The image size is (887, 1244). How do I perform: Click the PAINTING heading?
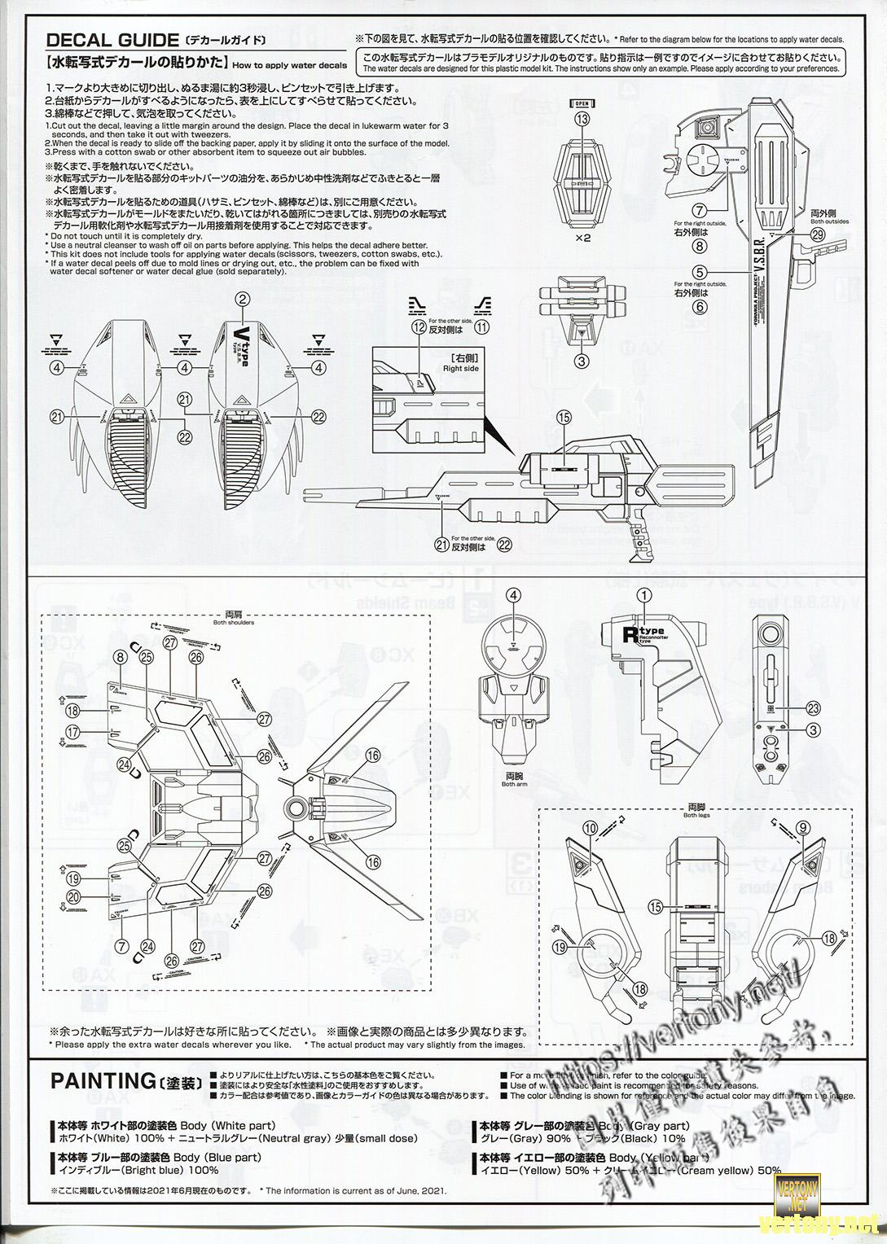[x=100, y=1081]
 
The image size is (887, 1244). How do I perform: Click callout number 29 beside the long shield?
[x=818, y=234]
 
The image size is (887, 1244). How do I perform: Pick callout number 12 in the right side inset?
[x=419, y=327]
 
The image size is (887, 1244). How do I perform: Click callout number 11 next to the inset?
[x=481, y=327]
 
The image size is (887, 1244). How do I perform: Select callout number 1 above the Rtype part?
[x=643, y=596]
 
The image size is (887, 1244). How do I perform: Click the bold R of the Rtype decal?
[x=628, y=634]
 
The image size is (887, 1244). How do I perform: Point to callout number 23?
[x=812, y=707]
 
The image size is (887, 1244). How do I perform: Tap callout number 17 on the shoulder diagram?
[x=73, y=732]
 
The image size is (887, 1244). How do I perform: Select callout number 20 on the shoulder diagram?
[x=73, y=896]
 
